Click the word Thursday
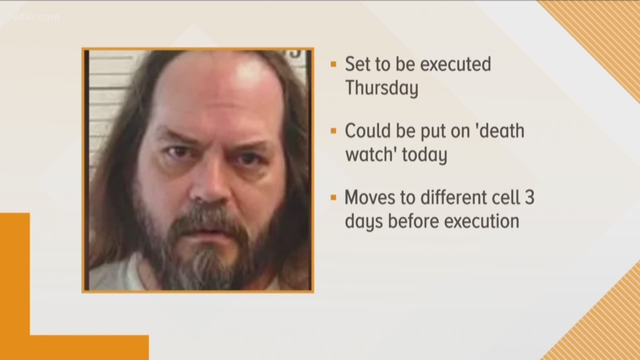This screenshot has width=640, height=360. pyautogui.click(x=381, y=88)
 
